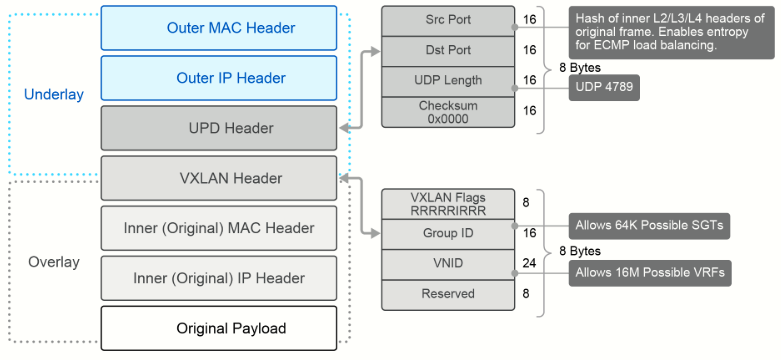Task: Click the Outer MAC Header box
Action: [x=219, y=28]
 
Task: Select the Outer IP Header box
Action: [x=219, y=78]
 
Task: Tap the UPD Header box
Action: [x=219, y=128]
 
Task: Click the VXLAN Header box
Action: [x=219, y=178]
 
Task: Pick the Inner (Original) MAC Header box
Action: [x=219, y=228]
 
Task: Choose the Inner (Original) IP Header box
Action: [x=219, y=278]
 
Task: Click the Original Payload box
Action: [x=219, y=328]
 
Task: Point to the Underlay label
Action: [x=54, y=95]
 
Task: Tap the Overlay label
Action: [x=54, y=262]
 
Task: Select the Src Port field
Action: [x=448, y=21]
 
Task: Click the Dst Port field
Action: [x=448, y=51]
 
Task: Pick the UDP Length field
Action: [x=448, y=82]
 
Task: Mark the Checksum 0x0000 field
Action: [x=448, y=112]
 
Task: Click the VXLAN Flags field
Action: [x=448, y=204]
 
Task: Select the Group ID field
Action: [x=448, y=234]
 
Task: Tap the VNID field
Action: [x=448, y=264]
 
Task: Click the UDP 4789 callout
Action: [x=604, y=88]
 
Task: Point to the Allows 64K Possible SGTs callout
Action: [x=650, y=226]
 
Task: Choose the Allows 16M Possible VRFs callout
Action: [x=650, y=273]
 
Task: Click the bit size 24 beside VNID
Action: [x=529, y=263]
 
